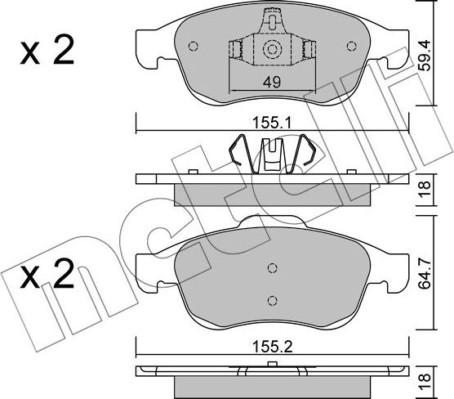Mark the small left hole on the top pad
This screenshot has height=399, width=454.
(x=193, y=47)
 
